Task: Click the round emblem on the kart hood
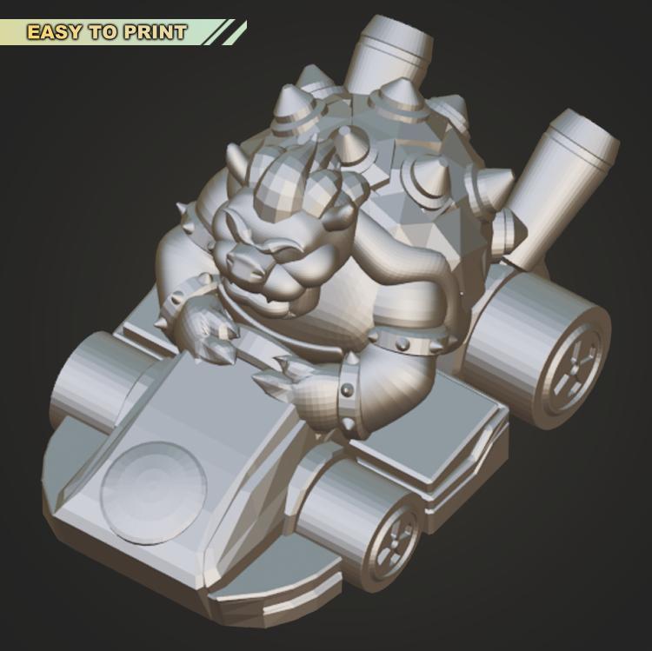pyautogui.click(x=154, y=492)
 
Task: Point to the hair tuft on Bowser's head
pyautogui.click(x=300, y=191)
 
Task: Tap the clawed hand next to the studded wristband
pyautogui.click(x=291, y=382)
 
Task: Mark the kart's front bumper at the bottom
pyautogui.click(x=261, y=600)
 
